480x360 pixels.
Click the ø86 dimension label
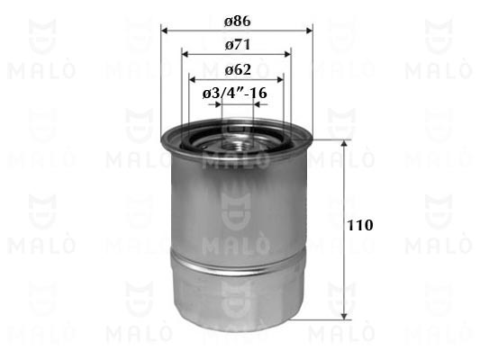pos(237,21)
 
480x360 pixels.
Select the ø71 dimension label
pos(238,45)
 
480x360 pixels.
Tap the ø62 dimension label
pos(238,69)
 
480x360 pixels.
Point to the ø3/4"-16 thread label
pos(234,93)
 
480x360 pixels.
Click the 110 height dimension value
pos(360,225)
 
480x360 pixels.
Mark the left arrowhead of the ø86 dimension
pos(165,31)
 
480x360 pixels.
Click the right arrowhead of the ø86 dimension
pos(309,31)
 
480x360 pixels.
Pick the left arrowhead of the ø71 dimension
pos(185,54)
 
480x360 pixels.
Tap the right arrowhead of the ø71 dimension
pos(287,54)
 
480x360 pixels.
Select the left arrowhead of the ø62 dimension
pos(193,80)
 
